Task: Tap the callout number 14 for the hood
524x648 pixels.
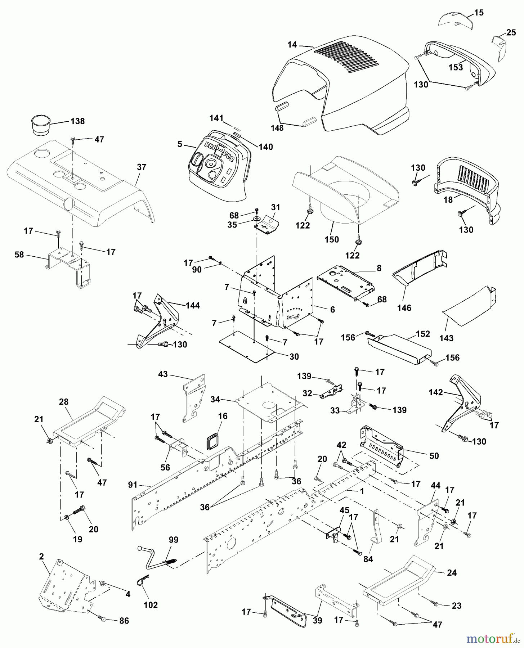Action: click(292, 45)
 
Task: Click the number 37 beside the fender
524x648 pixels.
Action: click(142, 167)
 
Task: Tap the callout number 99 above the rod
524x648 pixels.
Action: click(174, 540)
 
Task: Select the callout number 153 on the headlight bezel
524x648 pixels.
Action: click(456, 67)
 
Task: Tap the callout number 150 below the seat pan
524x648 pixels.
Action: click(331, 239)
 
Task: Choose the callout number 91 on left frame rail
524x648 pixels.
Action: click(133, 485)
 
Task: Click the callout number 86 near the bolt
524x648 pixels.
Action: click(124, 621)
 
